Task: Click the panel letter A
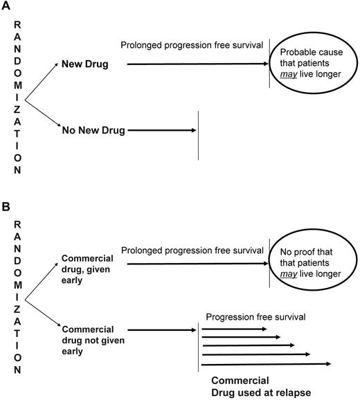click(7, 6)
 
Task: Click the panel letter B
click(6, 206)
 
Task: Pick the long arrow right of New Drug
click(198, 64)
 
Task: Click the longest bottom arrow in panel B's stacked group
click(267, 363)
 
